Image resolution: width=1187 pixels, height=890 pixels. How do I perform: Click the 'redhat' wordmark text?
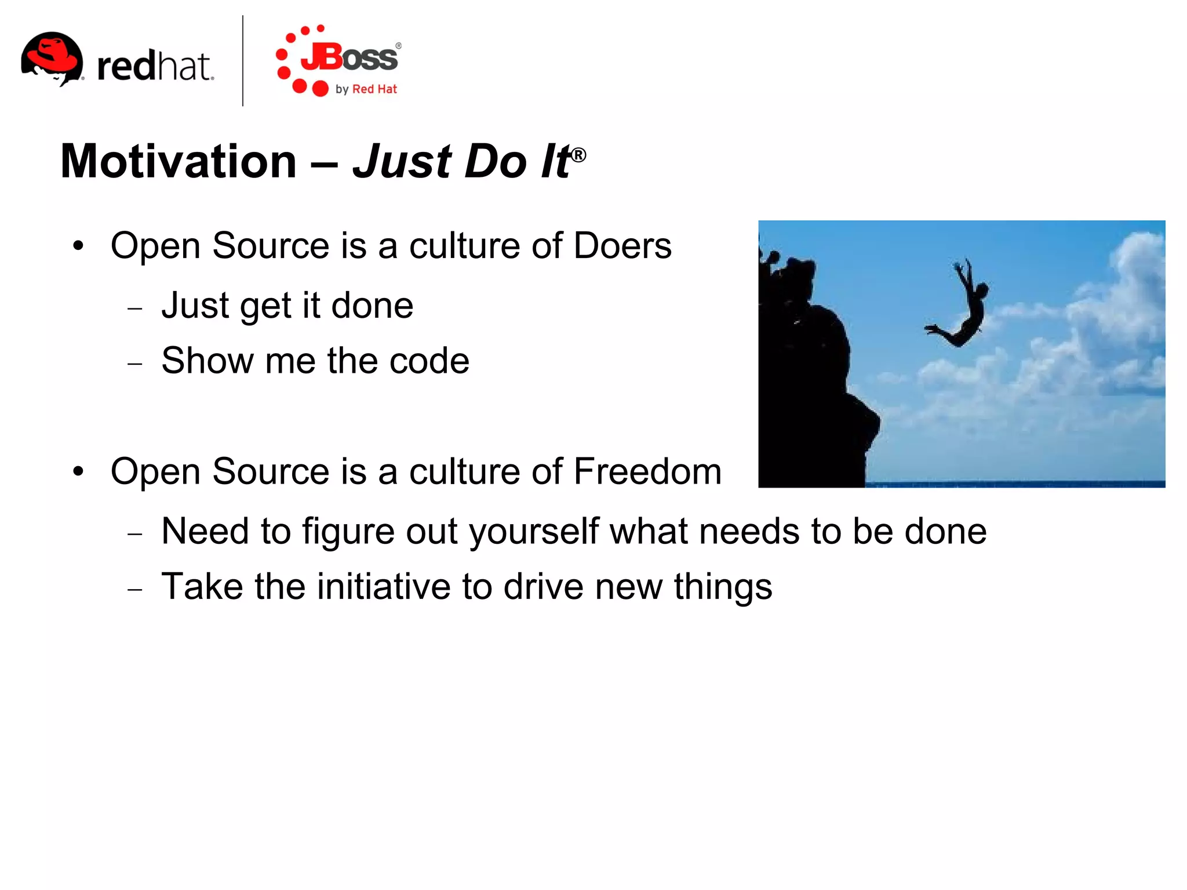[x=155, y=66]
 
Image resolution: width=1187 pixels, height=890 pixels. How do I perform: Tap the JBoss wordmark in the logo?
[x=349, y=58]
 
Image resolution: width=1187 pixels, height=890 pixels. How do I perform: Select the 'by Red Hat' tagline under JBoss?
[x=366, y=89]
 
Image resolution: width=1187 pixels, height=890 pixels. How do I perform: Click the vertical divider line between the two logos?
[x=242, y=61]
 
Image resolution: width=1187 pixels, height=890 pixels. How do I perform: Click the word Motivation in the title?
[x=179, y=161]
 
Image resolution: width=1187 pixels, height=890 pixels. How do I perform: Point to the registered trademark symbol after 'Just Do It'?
[x=578, y=155]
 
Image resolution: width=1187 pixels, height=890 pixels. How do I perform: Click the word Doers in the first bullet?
[x=622, y=246]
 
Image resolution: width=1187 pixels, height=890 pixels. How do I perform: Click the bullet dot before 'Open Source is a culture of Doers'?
[x=78, y=246]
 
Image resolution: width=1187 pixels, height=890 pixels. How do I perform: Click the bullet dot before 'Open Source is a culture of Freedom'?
[x=78, y=471]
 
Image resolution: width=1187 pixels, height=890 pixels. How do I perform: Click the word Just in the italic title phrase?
[x=402, y=161]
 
